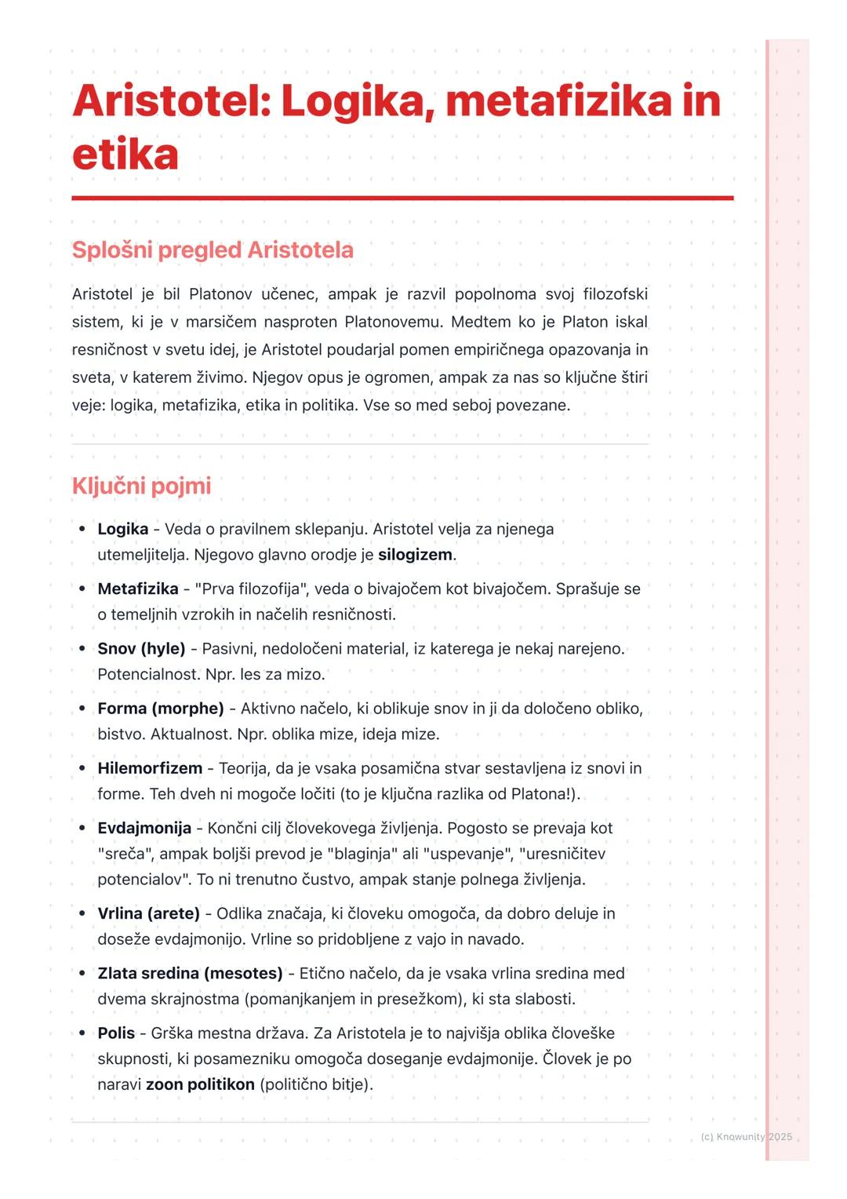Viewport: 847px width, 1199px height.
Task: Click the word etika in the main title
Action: point(125,154)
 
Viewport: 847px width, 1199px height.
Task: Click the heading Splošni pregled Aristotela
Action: point(213,250)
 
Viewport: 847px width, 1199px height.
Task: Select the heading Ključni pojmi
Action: point(141,486)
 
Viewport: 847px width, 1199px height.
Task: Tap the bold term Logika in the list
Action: point(122,529)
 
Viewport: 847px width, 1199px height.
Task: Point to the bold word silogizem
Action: point(415,555)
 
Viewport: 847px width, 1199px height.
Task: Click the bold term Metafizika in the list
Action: point(138,589)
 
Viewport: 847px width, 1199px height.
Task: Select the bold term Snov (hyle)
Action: point(141,649)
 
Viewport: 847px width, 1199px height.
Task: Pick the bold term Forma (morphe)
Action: point(161,709)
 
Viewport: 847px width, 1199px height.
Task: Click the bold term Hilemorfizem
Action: point(150,768)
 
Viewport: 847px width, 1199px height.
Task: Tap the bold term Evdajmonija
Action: point(144,828)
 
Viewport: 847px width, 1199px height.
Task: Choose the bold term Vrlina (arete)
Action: point(148,913)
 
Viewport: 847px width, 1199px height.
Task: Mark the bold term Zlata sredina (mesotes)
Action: point(190,973)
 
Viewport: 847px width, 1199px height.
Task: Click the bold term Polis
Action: point(116,1033)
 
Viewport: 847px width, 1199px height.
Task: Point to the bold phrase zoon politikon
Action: point(200,1084)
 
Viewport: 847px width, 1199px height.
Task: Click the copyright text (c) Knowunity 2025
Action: point(746,1137)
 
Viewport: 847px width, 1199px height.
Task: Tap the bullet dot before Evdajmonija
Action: point(82,828)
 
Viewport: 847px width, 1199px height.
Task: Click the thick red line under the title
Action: point(402,199)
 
